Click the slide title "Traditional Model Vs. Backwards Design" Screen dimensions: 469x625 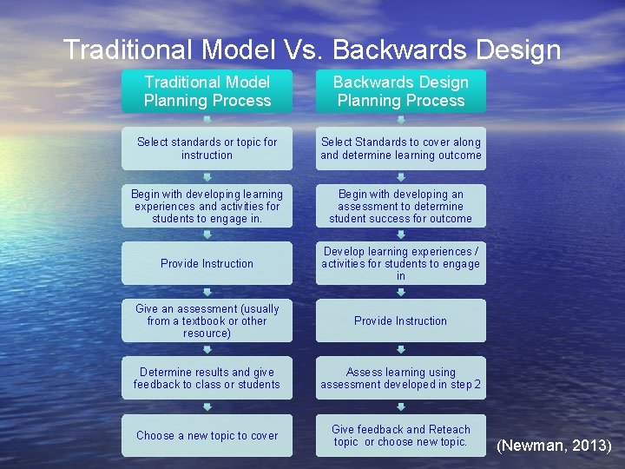pyautogui.click(x=312, y=50)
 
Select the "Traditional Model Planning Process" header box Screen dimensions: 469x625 pyautogui.click(x=207, y=91)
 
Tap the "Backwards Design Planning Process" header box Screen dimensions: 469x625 pyautogui.click(x=401, y=91)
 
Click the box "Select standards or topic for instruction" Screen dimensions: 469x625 pyautogui.click(x=207, y=149)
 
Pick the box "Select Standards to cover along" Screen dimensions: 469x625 pyautogui.click(x=401, y=149)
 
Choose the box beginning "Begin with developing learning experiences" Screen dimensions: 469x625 pyautogui.click(x=207, y=207)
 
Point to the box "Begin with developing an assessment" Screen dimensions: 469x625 pyautogui.click(x=401, y=207)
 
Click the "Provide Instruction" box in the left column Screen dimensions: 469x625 pyautogui.click(x=207, y=263)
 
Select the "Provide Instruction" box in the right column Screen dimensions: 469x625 pyautogui.click(x=401, y=320)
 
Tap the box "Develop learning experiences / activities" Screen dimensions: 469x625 pyautogui.click(x=401, y=263)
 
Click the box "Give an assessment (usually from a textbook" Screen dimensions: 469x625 pyautogui.click(x=207, y=320)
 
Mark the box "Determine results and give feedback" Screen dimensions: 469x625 pyautogui.click(x=207, y=378)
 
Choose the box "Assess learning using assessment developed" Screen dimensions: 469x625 pyautogui.click(x=401, y=378)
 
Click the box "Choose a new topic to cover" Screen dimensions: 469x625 pyautogui.click(x=207, y=435)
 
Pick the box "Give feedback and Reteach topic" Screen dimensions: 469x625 pyautogui.click(x=401, y=435)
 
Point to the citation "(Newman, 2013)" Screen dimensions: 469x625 pyautogui.click(x=554, y=446)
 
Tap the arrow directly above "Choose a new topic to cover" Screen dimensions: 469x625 pyautogui.click(x=207, y=406)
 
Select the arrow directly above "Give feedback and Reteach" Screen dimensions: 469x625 pyautogui.click(x=401, y=406)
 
